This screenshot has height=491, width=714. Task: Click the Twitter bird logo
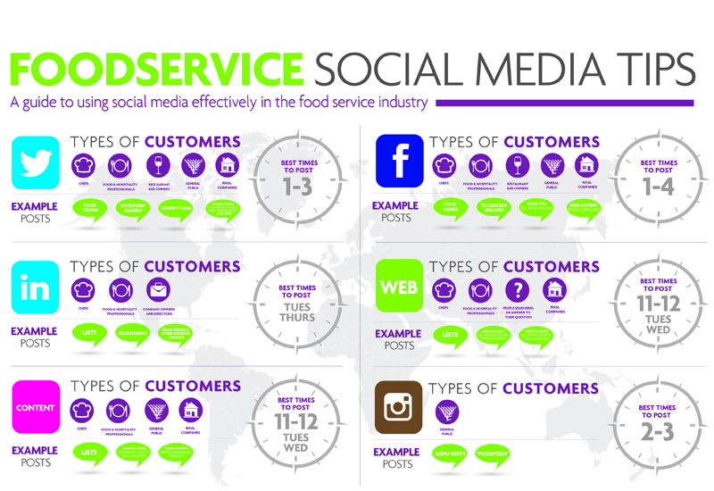[x=35, y=162]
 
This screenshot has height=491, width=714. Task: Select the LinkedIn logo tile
[x=35, y=286]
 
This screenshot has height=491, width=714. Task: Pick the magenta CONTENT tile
[x=35, y=408]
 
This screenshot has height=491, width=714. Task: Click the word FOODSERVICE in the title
[x=156, y=69]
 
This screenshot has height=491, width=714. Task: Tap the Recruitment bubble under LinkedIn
[x=130, y=333]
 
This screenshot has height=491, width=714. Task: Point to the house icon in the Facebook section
[x=585, y=164]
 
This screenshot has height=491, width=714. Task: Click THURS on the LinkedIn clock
[x=296, y=317]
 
